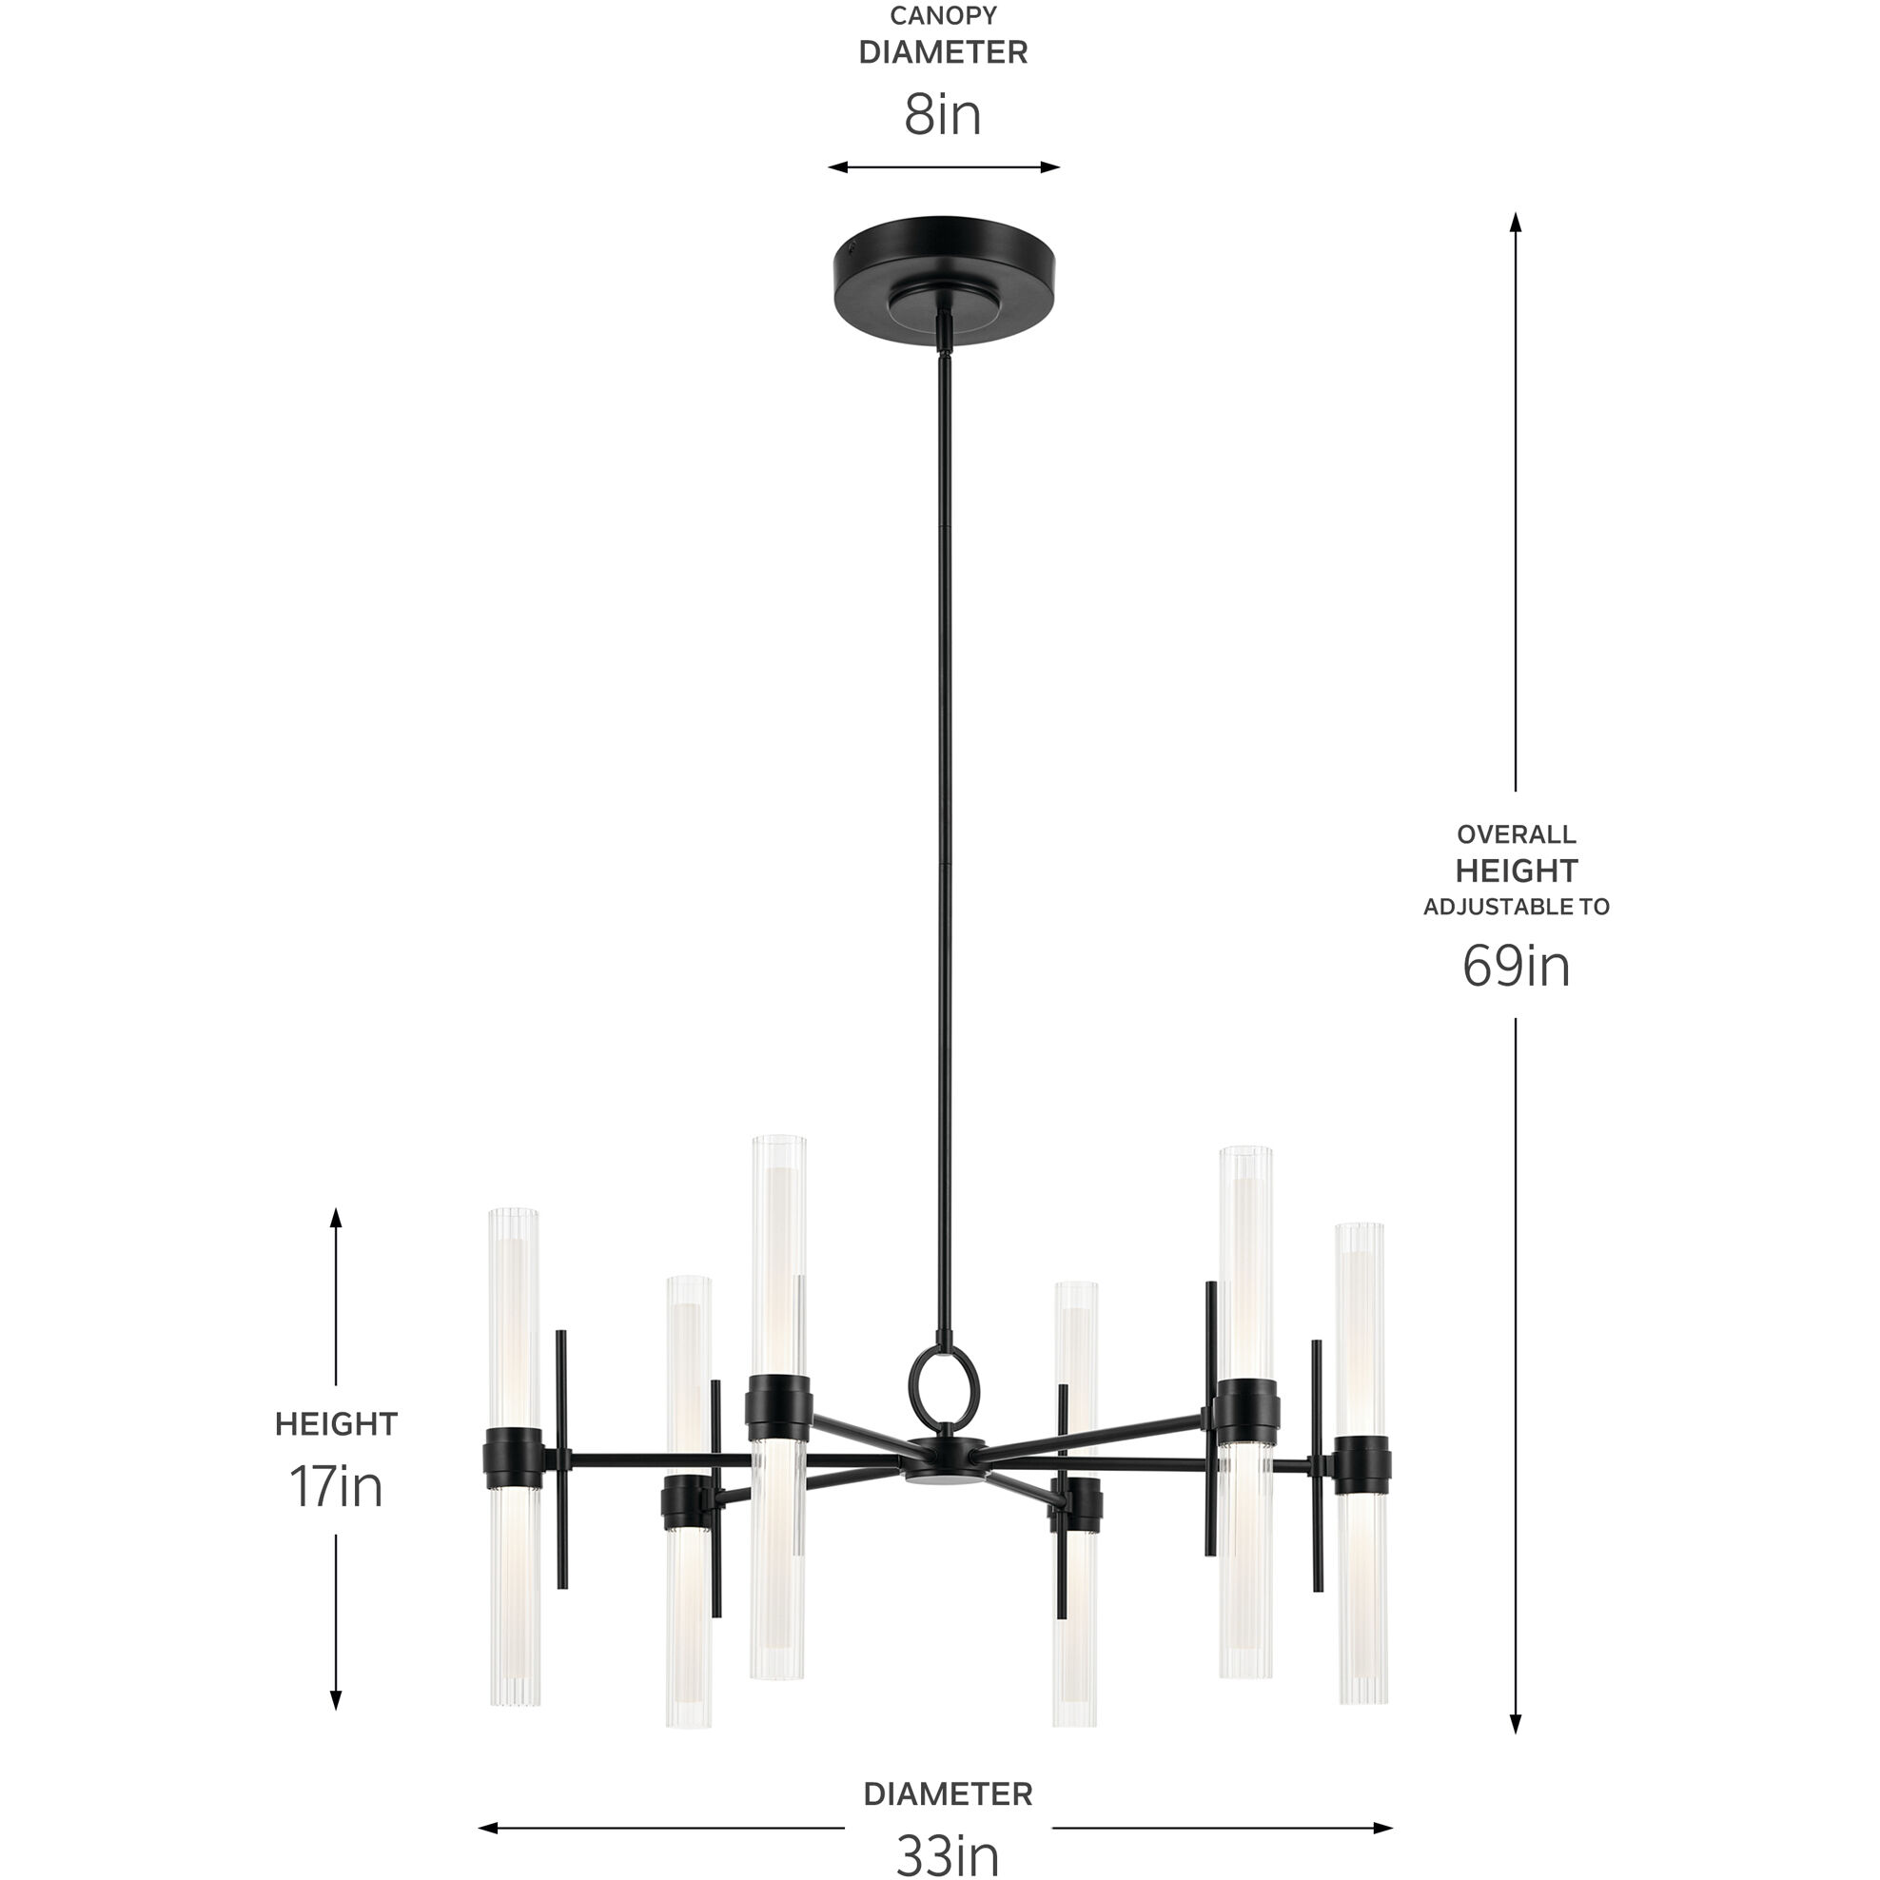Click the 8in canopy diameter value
coord(942,115)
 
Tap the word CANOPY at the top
coord(943,15)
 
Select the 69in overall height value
coord(1515,967)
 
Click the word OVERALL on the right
coord(1515,834)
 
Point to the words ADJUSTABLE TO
coord(1515,907)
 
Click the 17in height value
coord(336,1487)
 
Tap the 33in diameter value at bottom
coord(947,1854)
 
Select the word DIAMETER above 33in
coord(947,1794)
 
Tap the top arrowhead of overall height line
coord(1515,222)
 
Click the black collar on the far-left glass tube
coord(513,1458)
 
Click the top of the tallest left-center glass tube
coord(778,1142)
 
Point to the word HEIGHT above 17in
coord(336,1424)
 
